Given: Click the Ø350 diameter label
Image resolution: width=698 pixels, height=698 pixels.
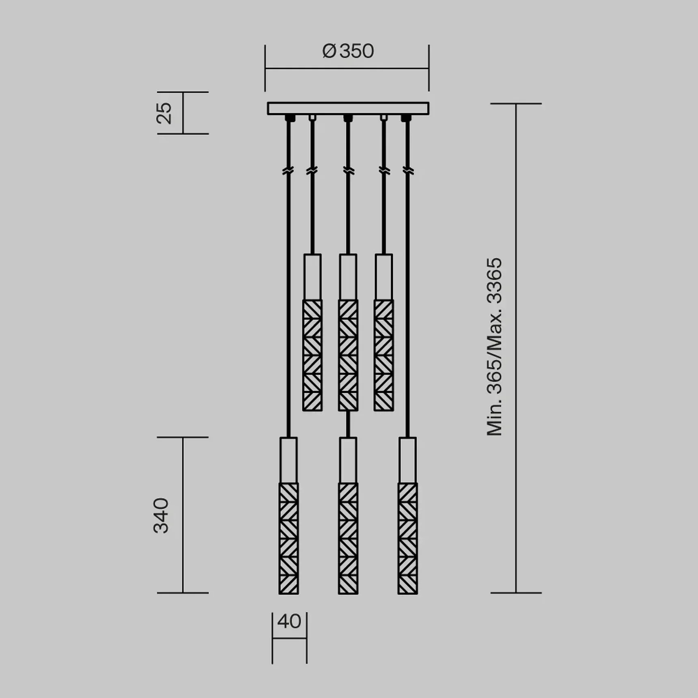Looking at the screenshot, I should coord(348,52).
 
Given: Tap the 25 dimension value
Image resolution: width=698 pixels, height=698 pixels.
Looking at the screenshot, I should coord(164,113).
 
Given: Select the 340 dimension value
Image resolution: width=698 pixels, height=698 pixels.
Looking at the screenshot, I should coord(161,515).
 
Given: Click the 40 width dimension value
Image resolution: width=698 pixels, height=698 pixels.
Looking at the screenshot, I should coord(289,621).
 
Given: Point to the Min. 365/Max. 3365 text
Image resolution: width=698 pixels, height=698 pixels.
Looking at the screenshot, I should coord(494,347).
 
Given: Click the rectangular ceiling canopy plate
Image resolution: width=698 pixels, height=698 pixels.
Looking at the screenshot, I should coord(348,108).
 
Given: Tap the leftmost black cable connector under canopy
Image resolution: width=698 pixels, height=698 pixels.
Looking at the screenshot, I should coord(289,118).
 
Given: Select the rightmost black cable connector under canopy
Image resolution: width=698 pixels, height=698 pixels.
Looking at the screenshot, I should coord(406,118).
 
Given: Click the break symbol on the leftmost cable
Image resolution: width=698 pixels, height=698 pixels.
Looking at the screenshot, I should coord(288,171).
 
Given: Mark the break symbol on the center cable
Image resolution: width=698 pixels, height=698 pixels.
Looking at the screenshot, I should coord(348,171).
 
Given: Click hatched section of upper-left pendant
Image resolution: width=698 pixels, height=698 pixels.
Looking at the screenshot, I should coord(312,355).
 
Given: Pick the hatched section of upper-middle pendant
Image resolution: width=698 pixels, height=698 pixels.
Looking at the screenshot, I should coord(348,355).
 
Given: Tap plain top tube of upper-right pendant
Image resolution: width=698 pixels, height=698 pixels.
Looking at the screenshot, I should coord(383,277).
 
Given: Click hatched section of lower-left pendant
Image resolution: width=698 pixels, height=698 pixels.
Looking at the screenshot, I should coord(289,538).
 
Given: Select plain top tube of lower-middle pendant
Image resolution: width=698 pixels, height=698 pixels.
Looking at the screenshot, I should coord(348,460).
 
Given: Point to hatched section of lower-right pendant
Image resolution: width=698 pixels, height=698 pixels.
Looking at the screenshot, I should coord(407,538).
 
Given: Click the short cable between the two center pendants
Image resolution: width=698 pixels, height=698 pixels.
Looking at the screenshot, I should coord(348,424).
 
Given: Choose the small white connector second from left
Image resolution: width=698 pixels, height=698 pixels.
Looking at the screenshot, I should coord(312,118).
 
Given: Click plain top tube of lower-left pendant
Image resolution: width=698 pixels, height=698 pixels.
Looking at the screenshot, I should coord(289,460).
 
